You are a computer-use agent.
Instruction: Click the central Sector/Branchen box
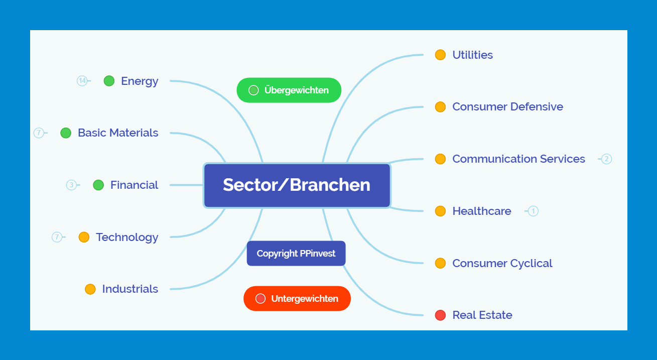[x=297, y=185]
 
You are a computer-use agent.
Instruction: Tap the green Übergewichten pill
[x=289, y=90]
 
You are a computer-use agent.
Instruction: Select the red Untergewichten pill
[x=297, y=299]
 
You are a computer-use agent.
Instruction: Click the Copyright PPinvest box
[x=296, y=254]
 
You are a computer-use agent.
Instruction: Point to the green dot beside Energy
[x=109, y=81]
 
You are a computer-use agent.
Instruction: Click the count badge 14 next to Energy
[x=82, y=81]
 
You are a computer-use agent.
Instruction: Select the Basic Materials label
[x=118, y=133]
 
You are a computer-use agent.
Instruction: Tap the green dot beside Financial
[x=98, y=185]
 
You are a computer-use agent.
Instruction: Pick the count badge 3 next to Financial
[x=71, y=185]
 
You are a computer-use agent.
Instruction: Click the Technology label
[x=127, y=237]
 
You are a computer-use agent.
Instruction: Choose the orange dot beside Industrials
[x=90, y=289]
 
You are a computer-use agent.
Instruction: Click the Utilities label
[x=472, y=55]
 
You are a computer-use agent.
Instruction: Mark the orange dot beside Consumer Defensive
[x=440, y=107]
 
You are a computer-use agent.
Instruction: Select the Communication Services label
[x=518, y=159]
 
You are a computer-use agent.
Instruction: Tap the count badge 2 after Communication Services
[x=606, y=159]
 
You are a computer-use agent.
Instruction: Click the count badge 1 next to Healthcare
[x=533, y=211]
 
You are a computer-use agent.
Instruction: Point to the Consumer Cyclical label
[x=502, y=263]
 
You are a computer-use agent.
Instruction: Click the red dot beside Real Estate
[x=440, y=315]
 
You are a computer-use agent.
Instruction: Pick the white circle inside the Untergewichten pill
[x=260, y=299]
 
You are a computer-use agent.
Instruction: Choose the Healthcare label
[x=481, y=211]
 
